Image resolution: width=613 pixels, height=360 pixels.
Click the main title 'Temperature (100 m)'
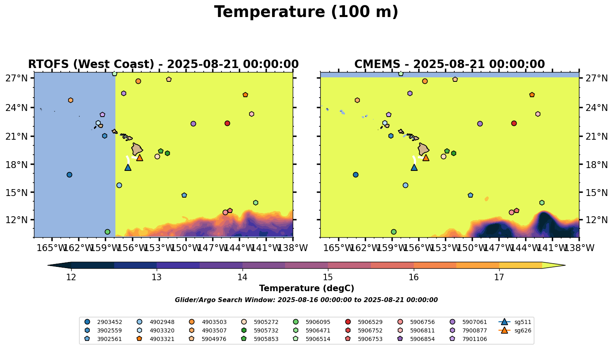[x=306, y=12]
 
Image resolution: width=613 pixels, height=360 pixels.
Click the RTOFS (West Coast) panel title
[x=163, y=64]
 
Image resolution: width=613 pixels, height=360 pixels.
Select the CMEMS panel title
[x=449, y=64]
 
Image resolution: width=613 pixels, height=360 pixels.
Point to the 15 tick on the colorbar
[x=328, y=277]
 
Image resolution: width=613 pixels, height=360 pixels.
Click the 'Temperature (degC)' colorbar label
[x=306, y=288]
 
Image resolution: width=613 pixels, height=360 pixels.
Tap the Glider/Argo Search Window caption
[x=306, y=300]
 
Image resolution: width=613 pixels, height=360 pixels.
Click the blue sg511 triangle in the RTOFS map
[x=128, y=167]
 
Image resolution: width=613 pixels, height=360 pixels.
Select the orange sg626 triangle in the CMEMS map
[x=426, y=158]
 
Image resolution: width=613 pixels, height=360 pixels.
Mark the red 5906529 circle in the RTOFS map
[x=227, y=123]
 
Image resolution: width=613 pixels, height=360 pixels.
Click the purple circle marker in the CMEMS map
[x=480, y=124]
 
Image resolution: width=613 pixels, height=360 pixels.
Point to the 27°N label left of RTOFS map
[x=17, y=78]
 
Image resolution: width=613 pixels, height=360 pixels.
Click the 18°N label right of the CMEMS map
[x=596, y=165]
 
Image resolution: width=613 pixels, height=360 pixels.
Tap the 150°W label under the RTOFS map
[x=186, y=248]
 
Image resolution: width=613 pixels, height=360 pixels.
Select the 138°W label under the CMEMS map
[x=579, y=248]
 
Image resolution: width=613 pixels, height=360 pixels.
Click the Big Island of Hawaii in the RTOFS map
[x=137, y=149]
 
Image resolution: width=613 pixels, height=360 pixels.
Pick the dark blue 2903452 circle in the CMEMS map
[x=355, y=175]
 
